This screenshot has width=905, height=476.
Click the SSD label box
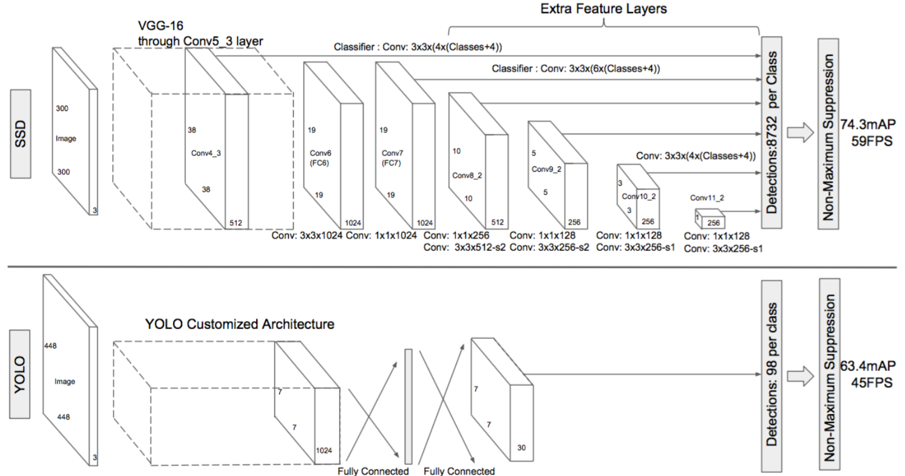click(x=21, y=134)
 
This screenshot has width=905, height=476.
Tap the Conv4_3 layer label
click(x=206, y=153)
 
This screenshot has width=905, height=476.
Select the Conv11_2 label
click(x=708, y=197)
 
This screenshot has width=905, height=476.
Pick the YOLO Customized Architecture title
click(x=239, y=324)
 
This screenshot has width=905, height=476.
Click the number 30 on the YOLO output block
click(x=521, y=447)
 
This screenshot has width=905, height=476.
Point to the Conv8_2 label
click(x=467, y=175)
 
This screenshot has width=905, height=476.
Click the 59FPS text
click(x=867, y=139)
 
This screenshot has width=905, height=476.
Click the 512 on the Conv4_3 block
click(x=236, y=223)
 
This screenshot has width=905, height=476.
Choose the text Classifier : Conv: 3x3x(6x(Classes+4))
click(x=575, y=70)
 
